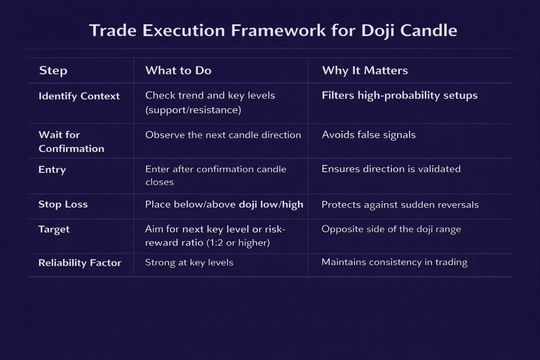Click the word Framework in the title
(278, 30)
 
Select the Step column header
(53, 71)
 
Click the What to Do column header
(178, 71)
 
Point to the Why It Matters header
(365, 71)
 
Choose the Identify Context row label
(79, 96)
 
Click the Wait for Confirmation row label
(71, 141)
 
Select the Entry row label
(52, 170)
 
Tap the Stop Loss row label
(63, 205)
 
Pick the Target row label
(54, 230)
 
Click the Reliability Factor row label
(80, 263)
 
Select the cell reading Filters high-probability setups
(400, 96)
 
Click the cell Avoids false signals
(369, 135)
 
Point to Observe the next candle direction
(223, 135)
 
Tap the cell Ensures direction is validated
(391, 169)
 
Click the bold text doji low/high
(271, 205)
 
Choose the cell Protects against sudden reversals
(400, 205)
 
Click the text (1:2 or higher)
(238, 242)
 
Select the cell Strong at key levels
(189, 262)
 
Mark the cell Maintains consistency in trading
(394, 262)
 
